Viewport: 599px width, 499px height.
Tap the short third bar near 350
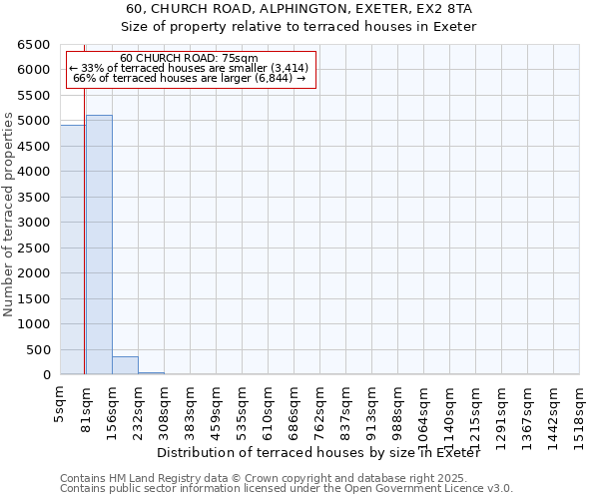point(125,365)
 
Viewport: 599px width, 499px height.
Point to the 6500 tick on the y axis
point(33,45)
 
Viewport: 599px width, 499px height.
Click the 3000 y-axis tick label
point(33,223)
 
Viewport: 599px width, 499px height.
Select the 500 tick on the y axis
point(37,349)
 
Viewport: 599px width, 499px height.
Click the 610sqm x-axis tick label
point(268,407)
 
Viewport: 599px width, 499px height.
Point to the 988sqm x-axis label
point(397,407)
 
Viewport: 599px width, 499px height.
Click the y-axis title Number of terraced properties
point(9,215)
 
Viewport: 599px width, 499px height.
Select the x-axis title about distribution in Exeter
point(318,453)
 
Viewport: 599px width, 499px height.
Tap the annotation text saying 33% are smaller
point(190,68)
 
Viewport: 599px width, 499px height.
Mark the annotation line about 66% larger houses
point(190,78)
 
